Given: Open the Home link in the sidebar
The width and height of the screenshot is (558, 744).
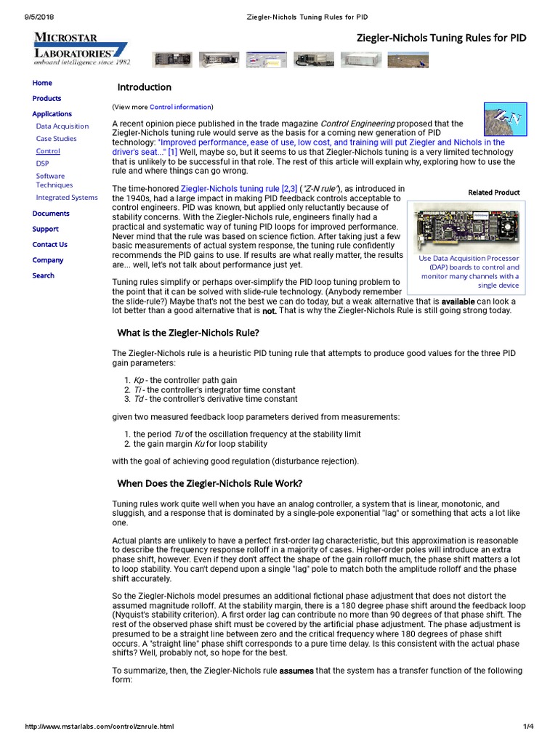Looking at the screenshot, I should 42,83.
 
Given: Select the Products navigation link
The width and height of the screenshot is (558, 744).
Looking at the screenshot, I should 46,98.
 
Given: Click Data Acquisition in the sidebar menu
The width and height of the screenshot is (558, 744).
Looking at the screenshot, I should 62,126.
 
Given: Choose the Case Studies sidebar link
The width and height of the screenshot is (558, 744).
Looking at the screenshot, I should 56,138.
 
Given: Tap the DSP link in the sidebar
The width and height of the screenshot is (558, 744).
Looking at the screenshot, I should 43,163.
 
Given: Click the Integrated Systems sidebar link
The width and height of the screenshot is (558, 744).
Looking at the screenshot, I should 67,197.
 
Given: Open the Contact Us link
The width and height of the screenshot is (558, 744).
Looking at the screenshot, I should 49,244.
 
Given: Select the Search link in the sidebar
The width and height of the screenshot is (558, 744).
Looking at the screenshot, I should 43,275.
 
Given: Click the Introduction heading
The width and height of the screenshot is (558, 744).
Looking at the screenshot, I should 144,87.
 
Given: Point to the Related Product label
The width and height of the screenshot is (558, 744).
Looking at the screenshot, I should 494,193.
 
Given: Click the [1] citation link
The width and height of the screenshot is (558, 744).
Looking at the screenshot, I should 172,153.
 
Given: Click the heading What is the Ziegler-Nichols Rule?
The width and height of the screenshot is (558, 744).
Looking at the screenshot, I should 188,333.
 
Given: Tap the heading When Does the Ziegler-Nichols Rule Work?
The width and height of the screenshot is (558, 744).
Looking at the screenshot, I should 209,483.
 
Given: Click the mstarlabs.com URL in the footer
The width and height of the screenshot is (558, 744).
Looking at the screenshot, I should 100,726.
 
